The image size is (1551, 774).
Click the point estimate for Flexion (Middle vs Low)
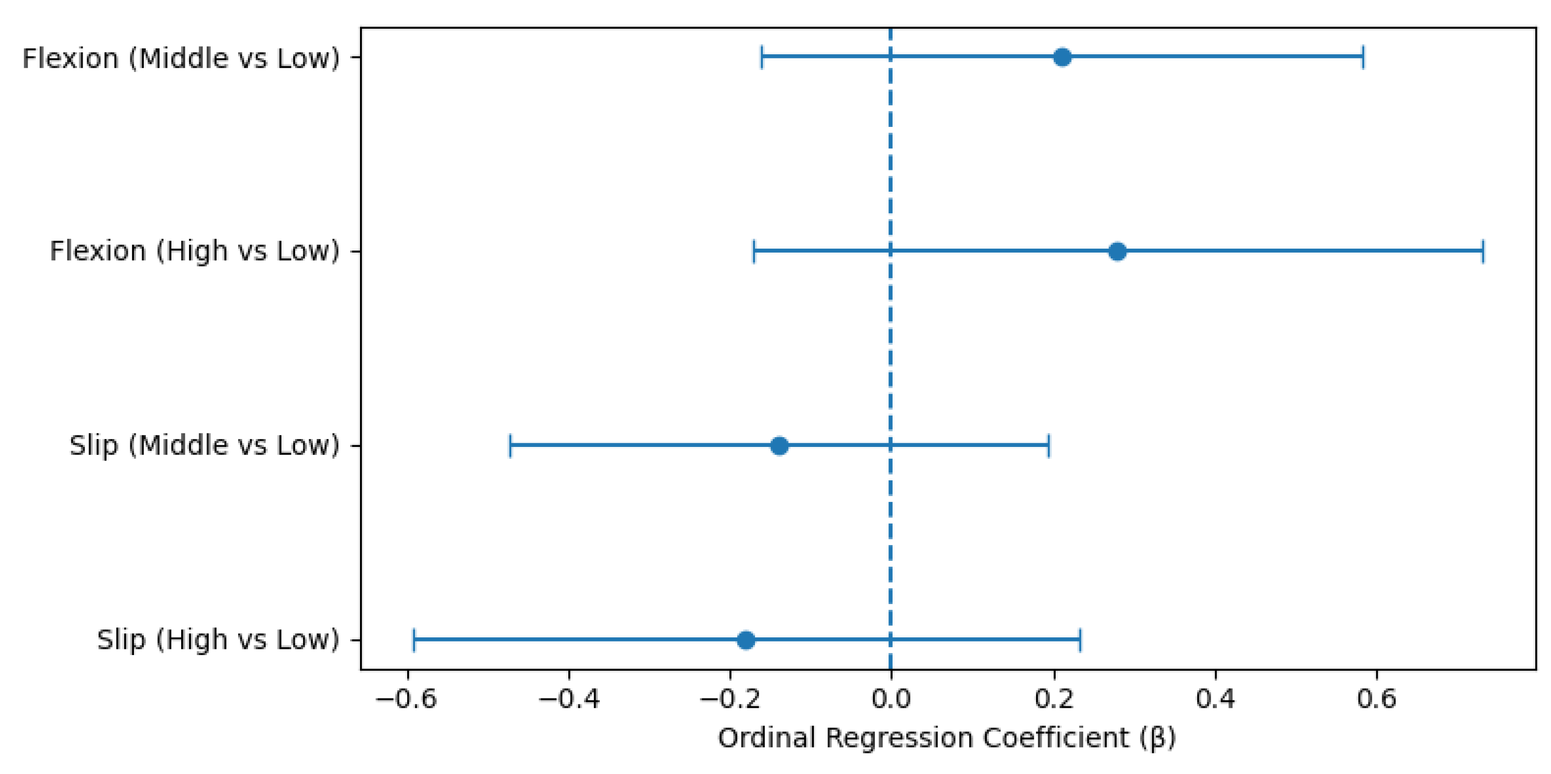click(x=1062, y=58)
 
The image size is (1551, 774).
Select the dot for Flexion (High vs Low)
click(x=1117, y=251)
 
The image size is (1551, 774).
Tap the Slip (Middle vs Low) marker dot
click(x=779, y=446)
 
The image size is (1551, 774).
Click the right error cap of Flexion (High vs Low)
click(x=1482, y=251)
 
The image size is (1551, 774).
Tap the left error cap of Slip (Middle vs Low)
click(x=510, y=446)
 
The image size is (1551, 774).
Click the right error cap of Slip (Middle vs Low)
click(x=1049, y=446)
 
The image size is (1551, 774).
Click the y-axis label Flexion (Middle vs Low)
click(x=181, y=59)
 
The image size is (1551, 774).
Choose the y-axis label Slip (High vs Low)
click(x=218, y=640)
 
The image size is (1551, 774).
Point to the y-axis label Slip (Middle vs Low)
click(x=204, y=446)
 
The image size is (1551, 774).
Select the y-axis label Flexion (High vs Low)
click(x=195, y=251)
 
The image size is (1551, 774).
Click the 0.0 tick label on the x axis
click(x=890, y=699)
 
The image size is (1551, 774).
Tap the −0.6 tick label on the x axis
click(x=406, y=699)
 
